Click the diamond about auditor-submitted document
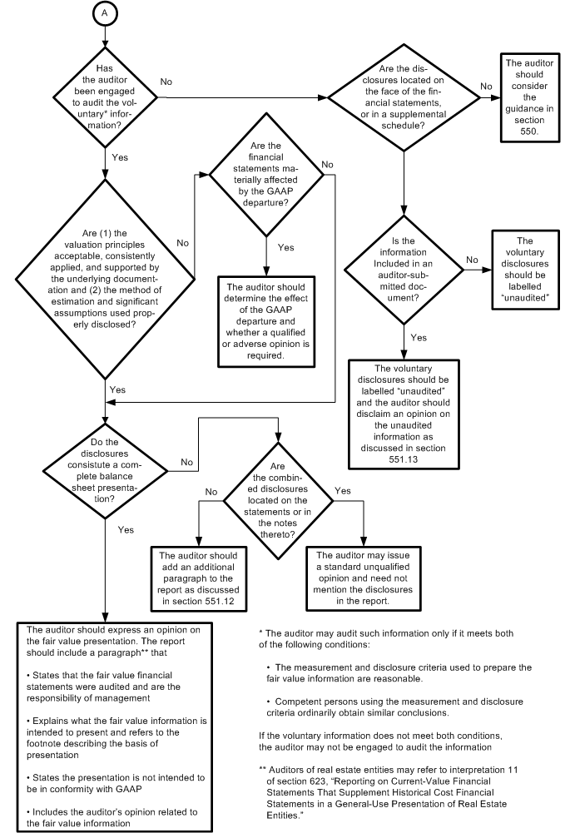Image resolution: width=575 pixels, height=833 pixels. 403,268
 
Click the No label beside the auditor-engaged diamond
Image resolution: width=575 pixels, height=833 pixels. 166,82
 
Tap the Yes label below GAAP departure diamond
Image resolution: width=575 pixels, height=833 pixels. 285,247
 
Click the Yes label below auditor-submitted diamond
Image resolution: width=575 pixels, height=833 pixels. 419,338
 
